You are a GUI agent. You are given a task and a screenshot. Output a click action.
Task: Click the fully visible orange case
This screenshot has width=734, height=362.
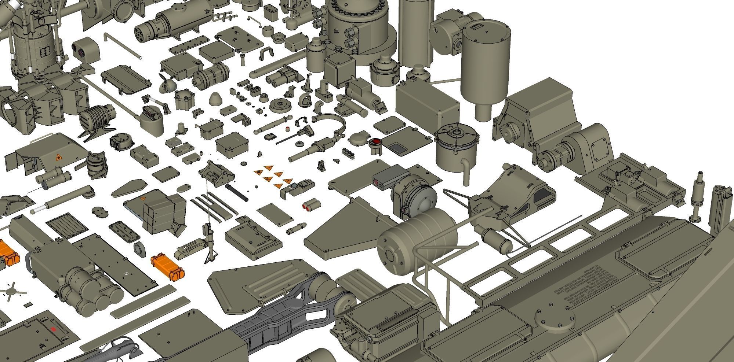pyautogui.click(x=168, y=268)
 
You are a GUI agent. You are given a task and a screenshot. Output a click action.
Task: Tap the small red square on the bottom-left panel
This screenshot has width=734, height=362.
pyautogui.click(x=54, y=329)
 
